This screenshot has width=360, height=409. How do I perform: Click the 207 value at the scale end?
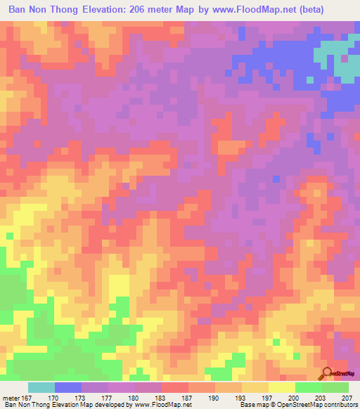pyautogui.click(x=347, y=397)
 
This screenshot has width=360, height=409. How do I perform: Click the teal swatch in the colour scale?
pyautogui.click(x=41, y=387)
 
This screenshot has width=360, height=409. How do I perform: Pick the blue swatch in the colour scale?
pyautogui.click(x=68, y=387)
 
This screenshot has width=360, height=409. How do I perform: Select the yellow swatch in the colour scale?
pyautogui.click(x=282, y=387)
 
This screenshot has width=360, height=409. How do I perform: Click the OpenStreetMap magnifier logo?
pyautogui.click(x=326, y=372)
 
